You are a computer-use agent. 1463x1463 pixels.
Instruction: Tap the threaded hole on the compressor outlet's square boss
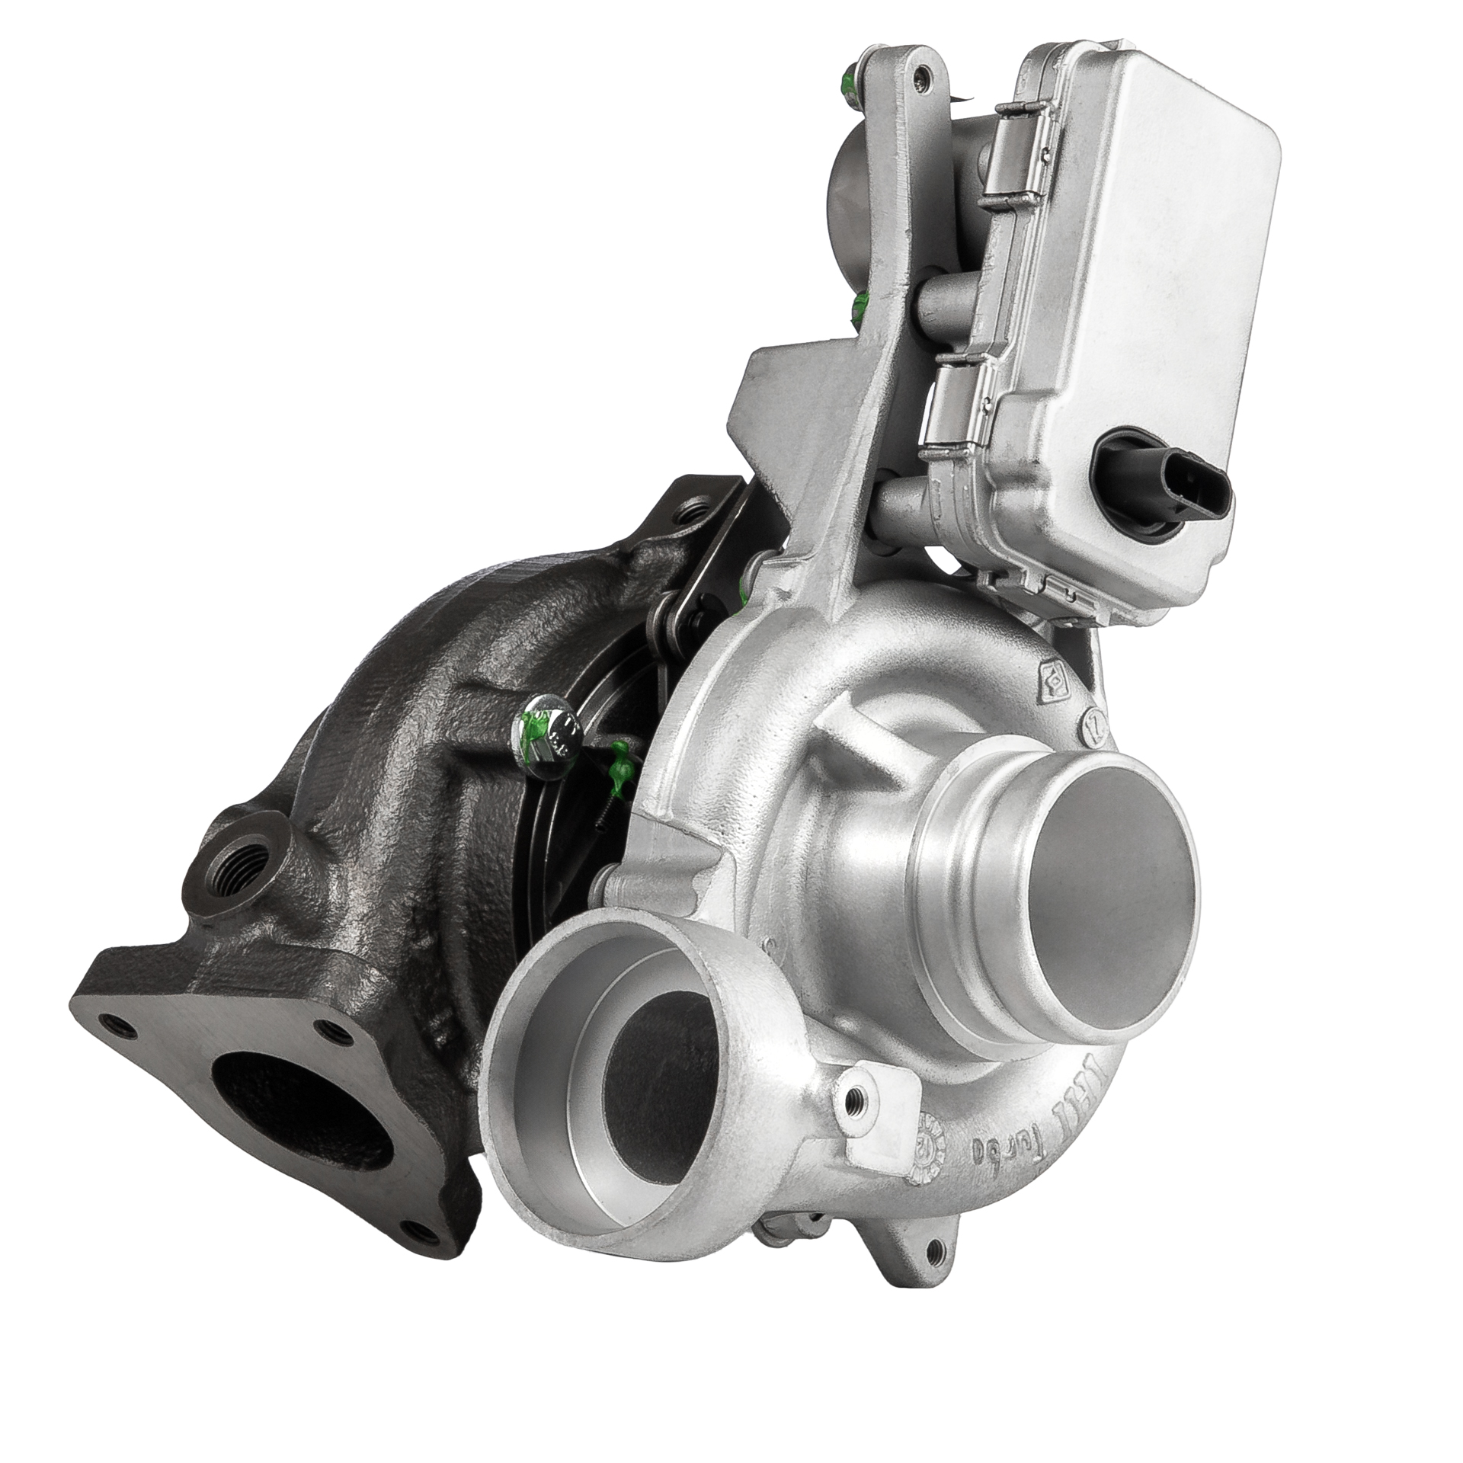coord(856,1100)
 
